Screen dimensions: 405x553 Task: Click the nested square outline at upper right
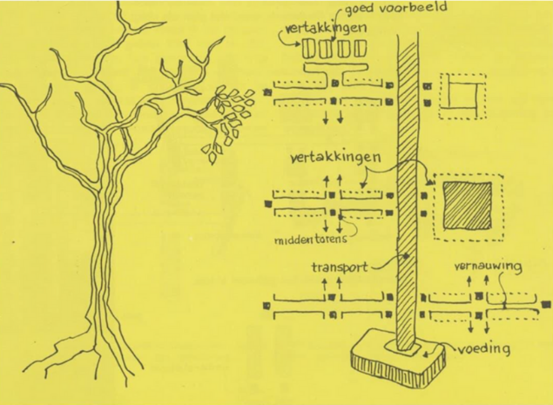click(x=462, y=95)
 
